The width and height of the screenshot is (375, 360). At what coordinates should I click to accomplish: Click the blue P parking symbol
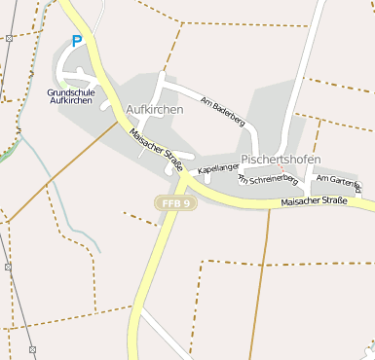tap(77, 42)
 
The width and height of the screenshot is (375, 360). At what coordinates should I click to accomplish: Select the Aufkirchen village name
tap(155, 110)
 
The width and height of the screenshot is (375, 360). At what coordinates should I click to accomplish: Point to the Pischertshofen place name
tap(281, 159)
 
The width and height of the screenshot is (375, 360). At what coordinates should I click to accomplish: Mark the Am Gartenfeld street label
tap(339, 180)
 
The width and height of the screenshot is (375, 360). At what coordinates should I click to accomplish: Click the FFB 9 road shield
tap(176, 202)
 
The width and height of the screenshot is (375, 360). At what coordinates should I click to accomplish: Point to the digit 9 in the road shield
tap(187, 202)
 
